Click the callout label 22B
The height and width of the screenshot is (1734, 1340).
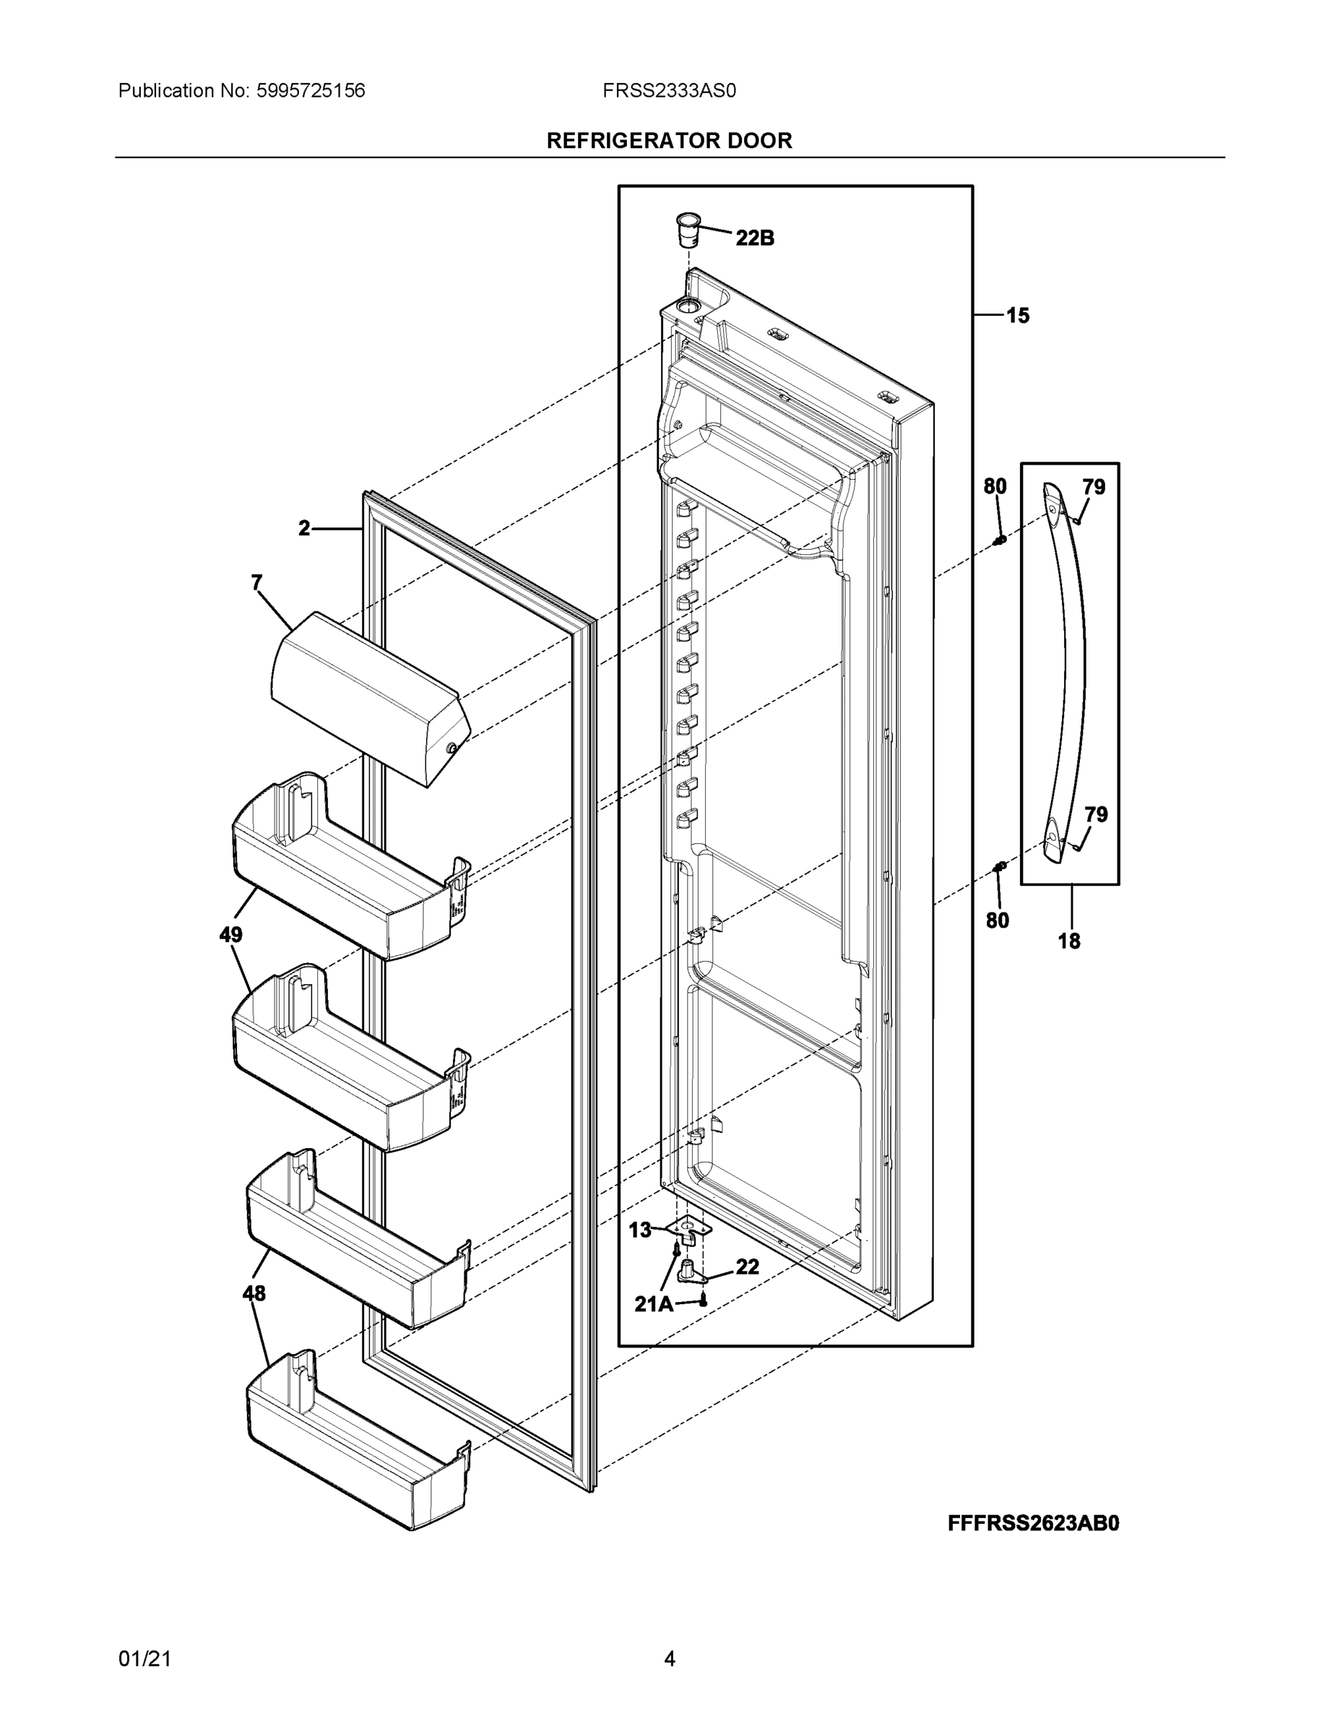pyautogui.click(x=754, y=238)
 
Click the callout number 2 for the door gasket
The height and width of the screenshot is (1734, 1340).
pyautogui.click(x=305, y=528)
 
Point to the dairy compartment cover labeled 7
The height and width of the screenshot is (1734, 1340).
pyautogui.click(x=369, y=699)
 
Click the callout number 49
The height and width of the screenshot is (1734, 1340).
pyautogui.click(x=231, y=936)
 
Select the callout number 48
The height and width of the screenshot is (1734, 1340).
pyautogui.click(x=254, y=1293)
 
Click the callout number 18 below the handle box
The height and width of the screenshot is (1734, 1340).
pyautogui.click(x=1069, y=941)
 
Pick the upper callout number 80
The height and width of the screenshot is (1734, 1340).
pyautogui.click(x=995, y=487)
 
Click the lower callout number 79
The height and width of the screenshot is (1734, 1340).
pyautogui.click(x=1096, y=814)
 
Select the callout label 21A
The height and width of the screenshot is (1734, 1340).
pyautogui.click(x=653, y=1304)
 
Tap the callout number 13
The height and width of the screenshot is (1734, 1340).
pyautogui.click(x=640, y=1230)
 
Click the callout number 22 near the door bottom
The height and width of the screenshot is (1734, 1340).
pyautogui.click(x=747, y=1267)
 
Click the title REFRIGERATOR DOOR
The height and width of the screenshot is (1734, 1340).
pyautogui.click(x=669, y=141)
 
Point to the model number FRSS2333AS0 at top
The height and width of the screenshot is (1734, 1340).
pyautogui.click(x=669, y=91)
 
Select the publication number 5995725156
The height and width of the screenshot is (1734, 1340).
pyautogui.click(x=311, y=91)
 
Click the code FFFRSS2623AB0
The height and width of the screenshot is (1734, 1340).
pyautogui.click(x=1033, y=1524)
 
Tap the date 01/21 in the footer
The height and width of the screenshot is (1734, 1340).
pyautogui.click(x=144, y=1659)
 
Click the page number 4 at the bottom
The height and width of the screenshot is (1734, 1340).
pyautogui.click(x=669, y=1659)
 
